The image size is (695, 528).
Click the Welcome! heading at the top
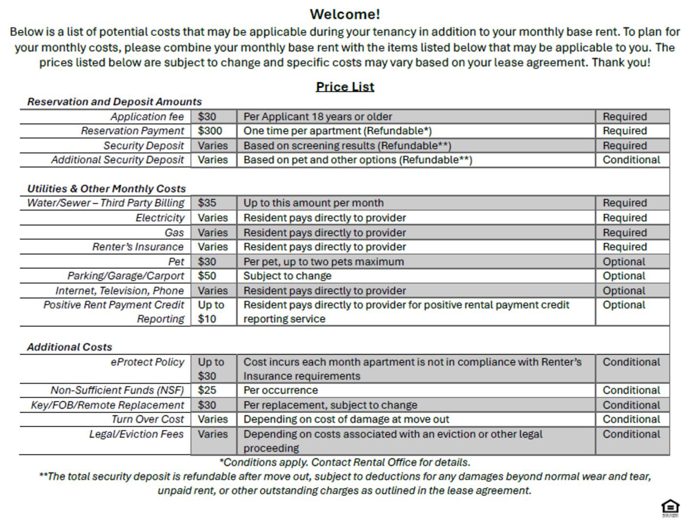[345, 14]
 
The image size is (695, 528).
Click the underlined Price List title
[345, 87]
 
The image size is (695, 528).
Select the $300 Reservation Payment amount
[210, 131]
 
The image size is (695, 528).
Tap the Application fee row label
[147, 117]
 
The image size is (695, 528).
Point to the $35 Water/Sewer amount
[207, 203]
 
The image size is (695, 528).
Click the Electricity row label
[160, 218]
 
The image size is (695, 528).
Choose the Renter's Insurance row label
[138, 247]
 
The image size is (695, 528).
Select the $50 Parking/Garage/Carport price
[207, 276]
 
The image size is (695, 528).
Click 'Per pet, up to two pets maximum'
[324, 262]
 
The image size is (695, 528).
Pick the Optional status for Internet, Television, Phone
[624, 290]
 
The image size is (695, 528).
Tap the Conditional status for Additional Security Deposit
[631, 160]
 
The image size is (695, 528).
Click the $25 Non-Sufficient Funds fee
[207, 390]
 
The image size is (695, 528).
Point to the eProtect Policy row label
[147, 362]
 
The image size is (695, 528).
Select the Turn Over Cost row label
[148, 419]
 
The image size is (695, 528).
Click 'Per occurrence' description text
[281, 390]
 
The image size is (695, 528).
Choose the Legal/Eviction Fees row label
[136, 434]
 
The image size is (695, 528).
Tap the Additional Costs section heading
[69, 347]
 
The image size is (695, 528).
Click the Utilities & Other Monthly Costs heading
[107, 189]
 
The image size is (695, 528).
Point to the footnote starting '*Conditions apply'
[345, 462]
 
